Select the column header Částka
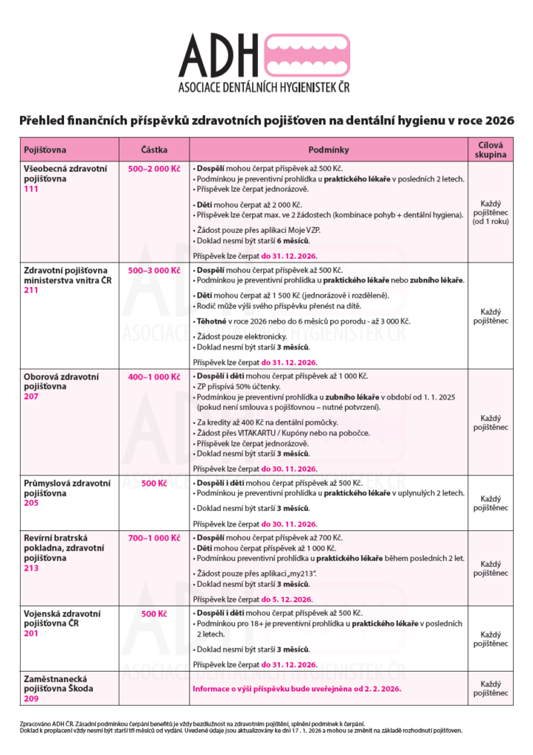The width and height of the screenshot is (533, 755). pos(154,150)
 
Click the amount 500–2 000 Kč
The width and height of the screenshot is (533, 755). pos(154,168)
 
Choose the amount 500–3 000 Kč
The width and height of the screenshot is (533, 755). pos(154,271)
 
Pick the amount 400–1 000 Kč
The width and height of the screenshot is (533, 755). pos(154,377)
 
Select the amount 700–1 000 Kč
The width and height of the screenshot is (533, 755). pos(154,538)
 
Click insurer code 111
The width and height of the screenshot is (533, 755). pos(31,189)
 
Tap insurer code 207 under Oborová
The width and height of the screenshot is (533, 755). pos(31,397)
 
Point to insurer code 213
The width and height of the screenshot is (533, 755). pos(31,568)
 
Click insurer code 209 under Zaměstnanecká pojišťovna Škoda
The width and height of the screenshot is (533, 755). pos(31,698)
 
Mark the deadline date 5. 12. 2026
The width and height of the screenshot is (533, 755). pos(287,599)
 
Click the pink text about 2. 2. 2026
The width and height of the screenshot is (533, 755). pos(296,689)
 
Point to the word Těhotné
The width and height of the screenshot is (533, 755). pos(212,322)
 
